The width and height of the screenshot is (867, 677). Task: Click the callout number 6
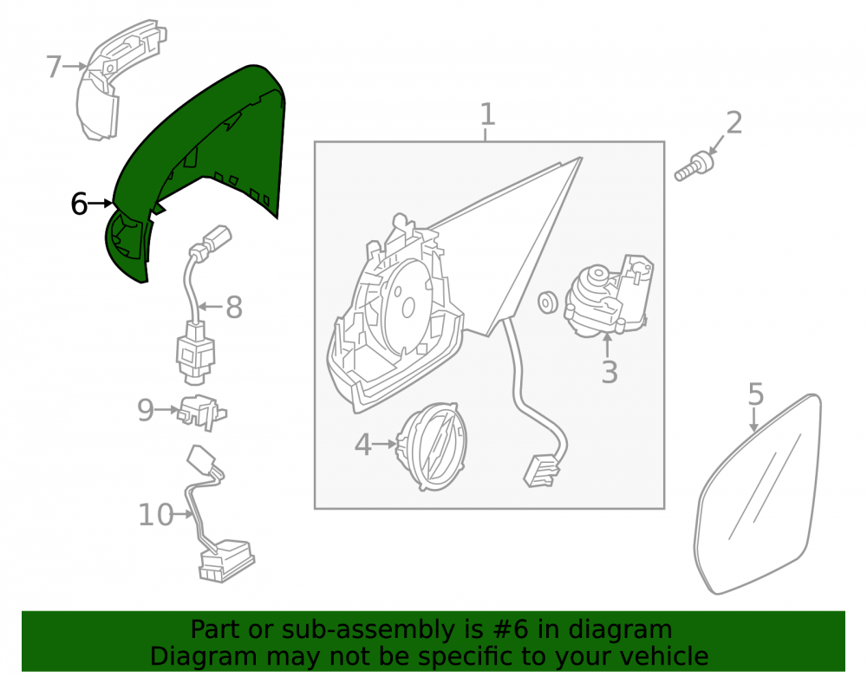pyautogui.click(x=79, y=204)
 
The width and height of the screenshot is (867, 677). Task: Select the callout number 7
pyautogui.click(x=53, y=67)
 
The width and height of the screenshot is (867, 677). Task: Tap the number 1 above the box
pyautogui.click(x=486, y=114)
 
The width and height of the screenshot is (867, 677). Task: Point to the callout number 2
pyautogui.click(x=733, y=123)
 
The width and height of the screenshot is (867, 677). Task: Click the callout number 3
pyautogui.click(x=609, y=371)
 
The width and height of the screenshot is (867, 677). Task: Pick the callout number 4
pyautogui.click(x=362, y=445)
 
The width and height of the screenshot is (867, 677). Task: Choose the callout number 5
pyautogui.click(x=755, y=394)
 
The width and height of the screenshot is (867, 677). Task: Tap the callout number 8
pyautogui.click(x=234, y=307)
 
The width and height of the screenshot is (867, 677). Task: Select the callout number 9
pyautogui.click(x=146, y=410)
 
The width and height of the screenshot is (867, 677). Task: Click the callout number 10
pyautogui.click(x=155, y=515)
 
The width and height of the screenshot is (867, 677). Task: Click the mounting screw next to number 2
pyautogui.click(x=694, y=167)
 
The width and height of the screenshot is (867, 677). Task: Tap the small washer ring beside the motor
pyautogui.click(x=547, y=302)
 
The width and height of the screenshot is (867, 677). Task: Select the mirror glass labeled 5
pyautogui.click(x=758, y=493)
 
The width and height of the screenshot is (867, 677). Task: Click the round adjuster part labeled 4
pyautogui.click(x=433, y=446)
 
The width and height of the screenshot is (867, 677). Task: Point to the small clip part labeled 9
pyautogui.click(x=201, y=411)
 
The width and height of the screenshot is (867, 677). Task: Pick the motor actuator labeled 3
pyautogui.click(x=609, y=296)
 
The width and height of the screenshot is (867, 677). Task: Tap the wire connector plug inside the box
pyautogui.click(x=540, y=471)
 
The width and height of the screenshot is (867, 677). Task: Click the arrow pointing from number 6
pyautogui.click(x=100, y=204)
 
